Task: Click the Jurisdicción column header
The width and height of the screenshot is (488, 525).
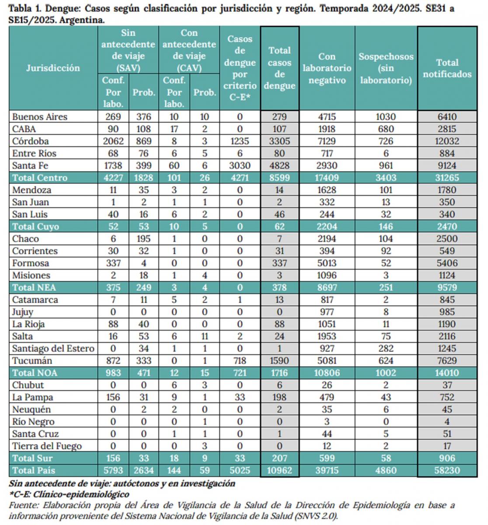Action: pyautogui.click(x=53, y=68)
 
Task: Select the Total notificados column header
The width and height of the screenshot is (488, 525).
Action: pyautogui.click(x=447, y=68)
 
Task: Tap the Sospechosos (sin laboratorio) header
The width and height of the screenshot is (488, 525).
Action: pyautogui.click(x=386, y=68)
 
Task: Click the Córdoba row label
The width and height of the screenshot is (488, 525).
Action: pyautogui.click(x=30, y=141)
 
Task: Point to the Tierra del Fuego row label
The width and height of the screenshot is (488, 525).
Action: pyautogui.click(x=47, y=446)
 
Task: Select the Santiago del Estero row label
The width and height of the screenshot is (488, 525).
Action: pyautogui.click(x=53, y=349)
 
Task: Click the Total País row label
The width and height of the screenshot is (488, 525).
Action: pyautogui.click(x=34, y=471)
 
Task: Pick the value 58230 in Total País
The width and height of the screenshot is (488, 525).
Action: pyautogui.click(x=447, y=471)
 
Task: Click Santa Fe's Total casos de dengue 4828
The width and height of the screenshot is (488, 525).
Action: pyautogui.click(x=279, y=166)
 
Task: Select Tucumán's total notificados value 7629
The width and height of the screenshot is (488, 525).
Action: pyautogui.click(x=447, y=361)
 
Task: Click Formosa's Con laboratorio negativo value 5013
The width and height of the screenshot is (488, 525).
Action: pyautogui.click(x=327, y=263)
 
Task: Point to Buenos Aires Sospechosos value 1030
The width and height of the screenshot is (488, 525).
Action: pyautogui.click(x=386, y=117)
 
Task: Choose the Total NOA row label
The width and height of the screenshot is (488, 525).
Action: pyautogui.click(x=35, y=373)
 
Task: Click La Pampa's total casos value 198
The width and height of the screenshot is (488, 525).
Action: pyautogui.click(x=279, y=398)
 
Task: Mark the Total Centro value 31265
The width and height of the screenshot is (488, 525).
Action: pyautogui.click(x=447, y=178)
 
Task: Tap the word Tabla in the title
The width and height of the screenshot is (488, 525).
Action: pyautogui.click(x=19, y=8)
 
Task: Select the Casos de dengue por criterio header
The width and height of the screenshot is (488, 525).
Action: pyautogui.click(x=240, y=68)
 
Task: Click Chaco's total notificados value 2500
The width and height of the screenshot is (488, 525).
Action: pyautogui.click(x=447, y=239)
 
